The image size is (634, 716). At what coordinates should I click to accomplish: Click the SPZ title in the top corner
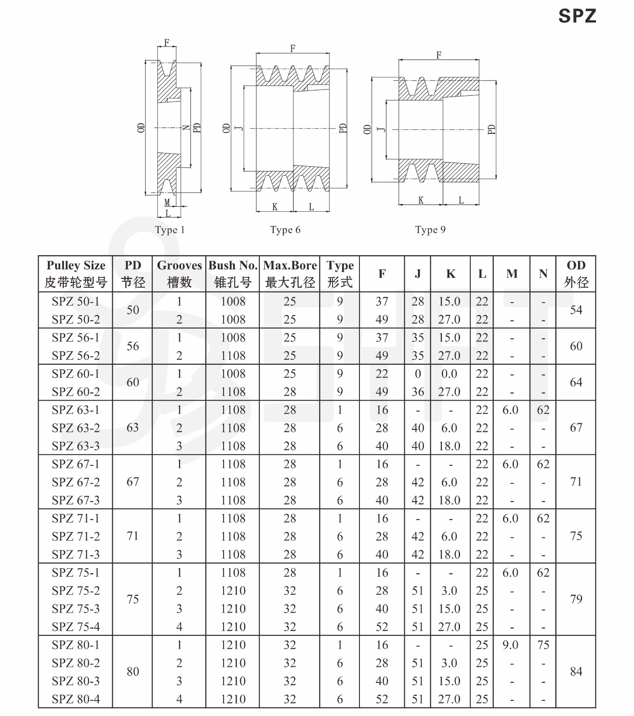577,16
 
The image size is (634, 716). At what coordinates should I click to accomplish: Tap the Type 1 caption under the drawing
169,230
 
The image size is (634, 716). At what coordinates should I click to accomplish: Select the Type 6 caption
285,230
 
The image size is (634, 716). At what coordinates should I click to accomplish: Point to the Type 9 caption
430,230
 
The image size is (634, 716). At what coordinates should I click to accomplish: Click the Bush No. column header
233,273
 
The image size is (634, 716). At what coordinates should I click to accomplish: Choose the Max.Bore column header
290,273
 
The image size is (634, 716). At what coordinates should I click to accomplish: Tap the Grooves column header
179,273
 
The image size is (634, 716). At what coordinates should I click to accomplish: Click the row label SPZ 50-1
76,302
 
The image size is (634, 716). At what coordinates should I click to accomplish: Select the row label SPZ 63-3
76,446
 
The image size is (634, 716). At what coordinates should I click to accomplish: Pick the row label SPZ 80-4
76,699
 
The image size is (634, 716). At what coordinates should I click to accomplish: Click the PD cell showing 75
133,599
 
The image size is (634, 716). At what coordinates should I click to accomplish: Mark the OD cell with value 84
576,672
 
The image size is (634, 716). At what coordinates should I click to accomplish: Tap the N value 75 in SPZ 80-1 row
543,645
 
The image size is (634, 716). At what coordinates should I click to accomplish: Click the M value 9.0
510,645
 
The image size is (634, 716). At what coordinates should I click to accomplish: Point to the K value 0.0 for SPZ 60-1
449,374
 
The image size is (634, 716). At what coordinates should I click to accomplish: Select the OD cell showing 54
576,310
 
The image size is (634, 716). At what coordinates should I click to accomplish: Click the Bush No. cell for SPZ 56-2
233,356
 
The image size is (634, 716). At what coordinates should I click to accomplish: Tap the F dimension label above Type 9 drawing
439,55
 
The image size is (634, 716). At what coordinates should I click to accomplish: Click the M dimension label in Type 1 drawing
167,203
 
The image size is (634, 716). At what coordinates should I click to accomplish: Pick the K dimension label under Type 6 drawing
275,207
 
